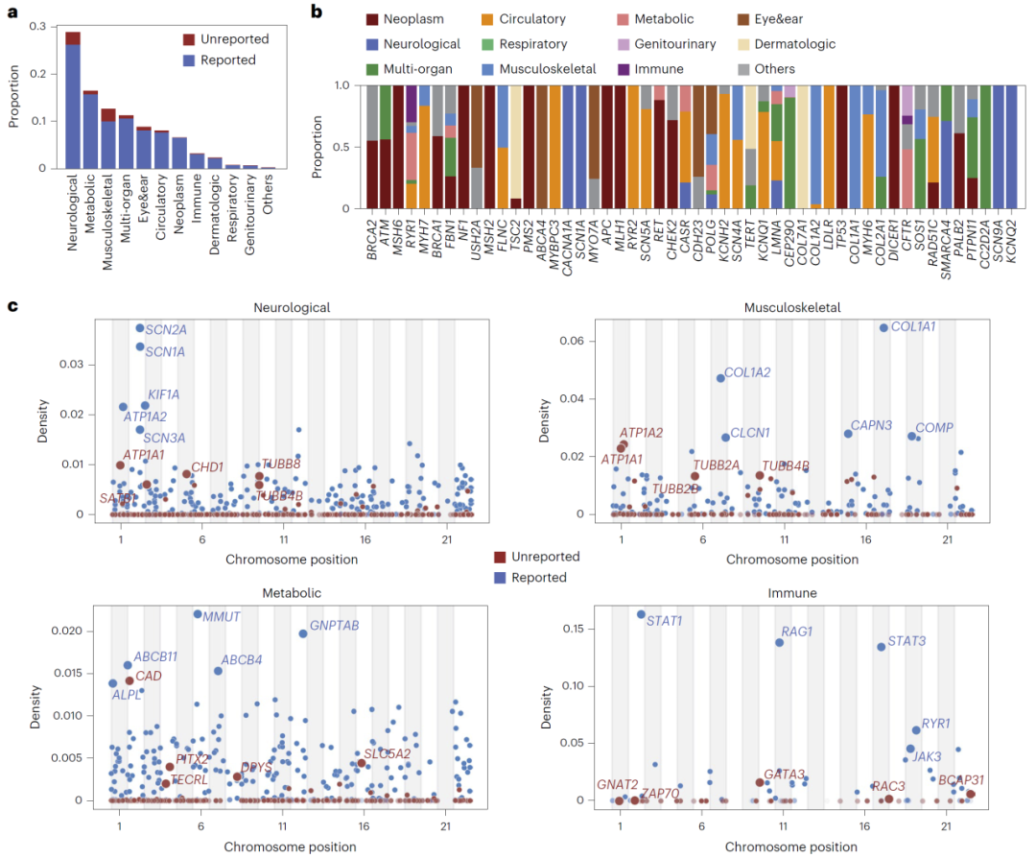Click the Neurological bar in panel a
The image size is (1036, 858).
(73, 106)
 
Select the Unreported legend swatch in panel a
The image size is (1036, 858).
(188, 39)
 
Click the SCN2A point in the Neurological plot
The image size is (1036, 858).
(140, 328)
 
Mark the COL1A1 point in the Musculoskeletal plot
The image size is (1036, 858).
(883, 327)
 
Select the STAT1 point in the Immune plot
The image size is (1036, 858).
(641, 614)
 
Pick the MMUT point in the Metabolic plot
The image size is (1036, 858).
(198, 614)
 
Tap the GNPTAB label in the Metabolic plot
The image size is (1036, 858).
(335, 626)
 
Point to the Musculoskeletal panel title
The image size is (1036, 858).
(791, 308)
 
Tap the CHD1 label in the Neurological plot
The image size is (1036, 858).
(207, 467)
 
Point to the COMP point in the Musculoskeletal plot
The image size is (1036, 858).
(911, 436)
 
